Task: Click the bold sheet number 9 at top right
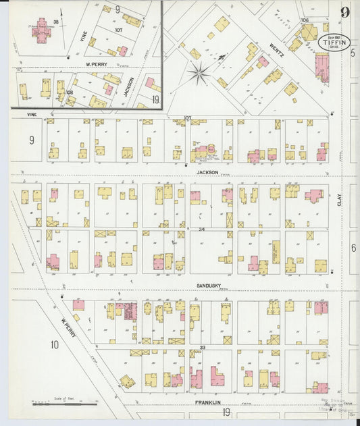(345, 12)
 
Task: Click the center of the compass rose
(200, 74)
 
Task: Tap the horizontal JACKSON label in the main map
(207, 172)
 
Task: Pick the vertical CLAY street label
(339, 200)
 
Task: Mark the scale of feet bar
(64, 404)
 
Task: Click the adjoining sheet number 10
(54, 345)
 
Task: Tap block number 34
(201, 230)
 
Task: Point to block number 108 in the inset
(69, 91)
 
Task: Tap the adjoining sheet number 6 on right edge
(353, 248)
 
